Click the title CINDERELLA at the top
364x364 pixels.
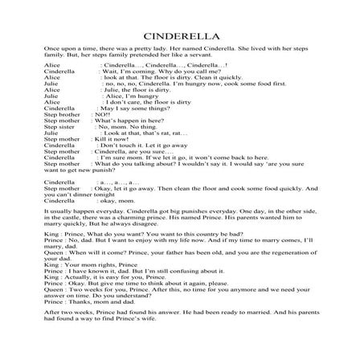[x=182, y=36]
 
